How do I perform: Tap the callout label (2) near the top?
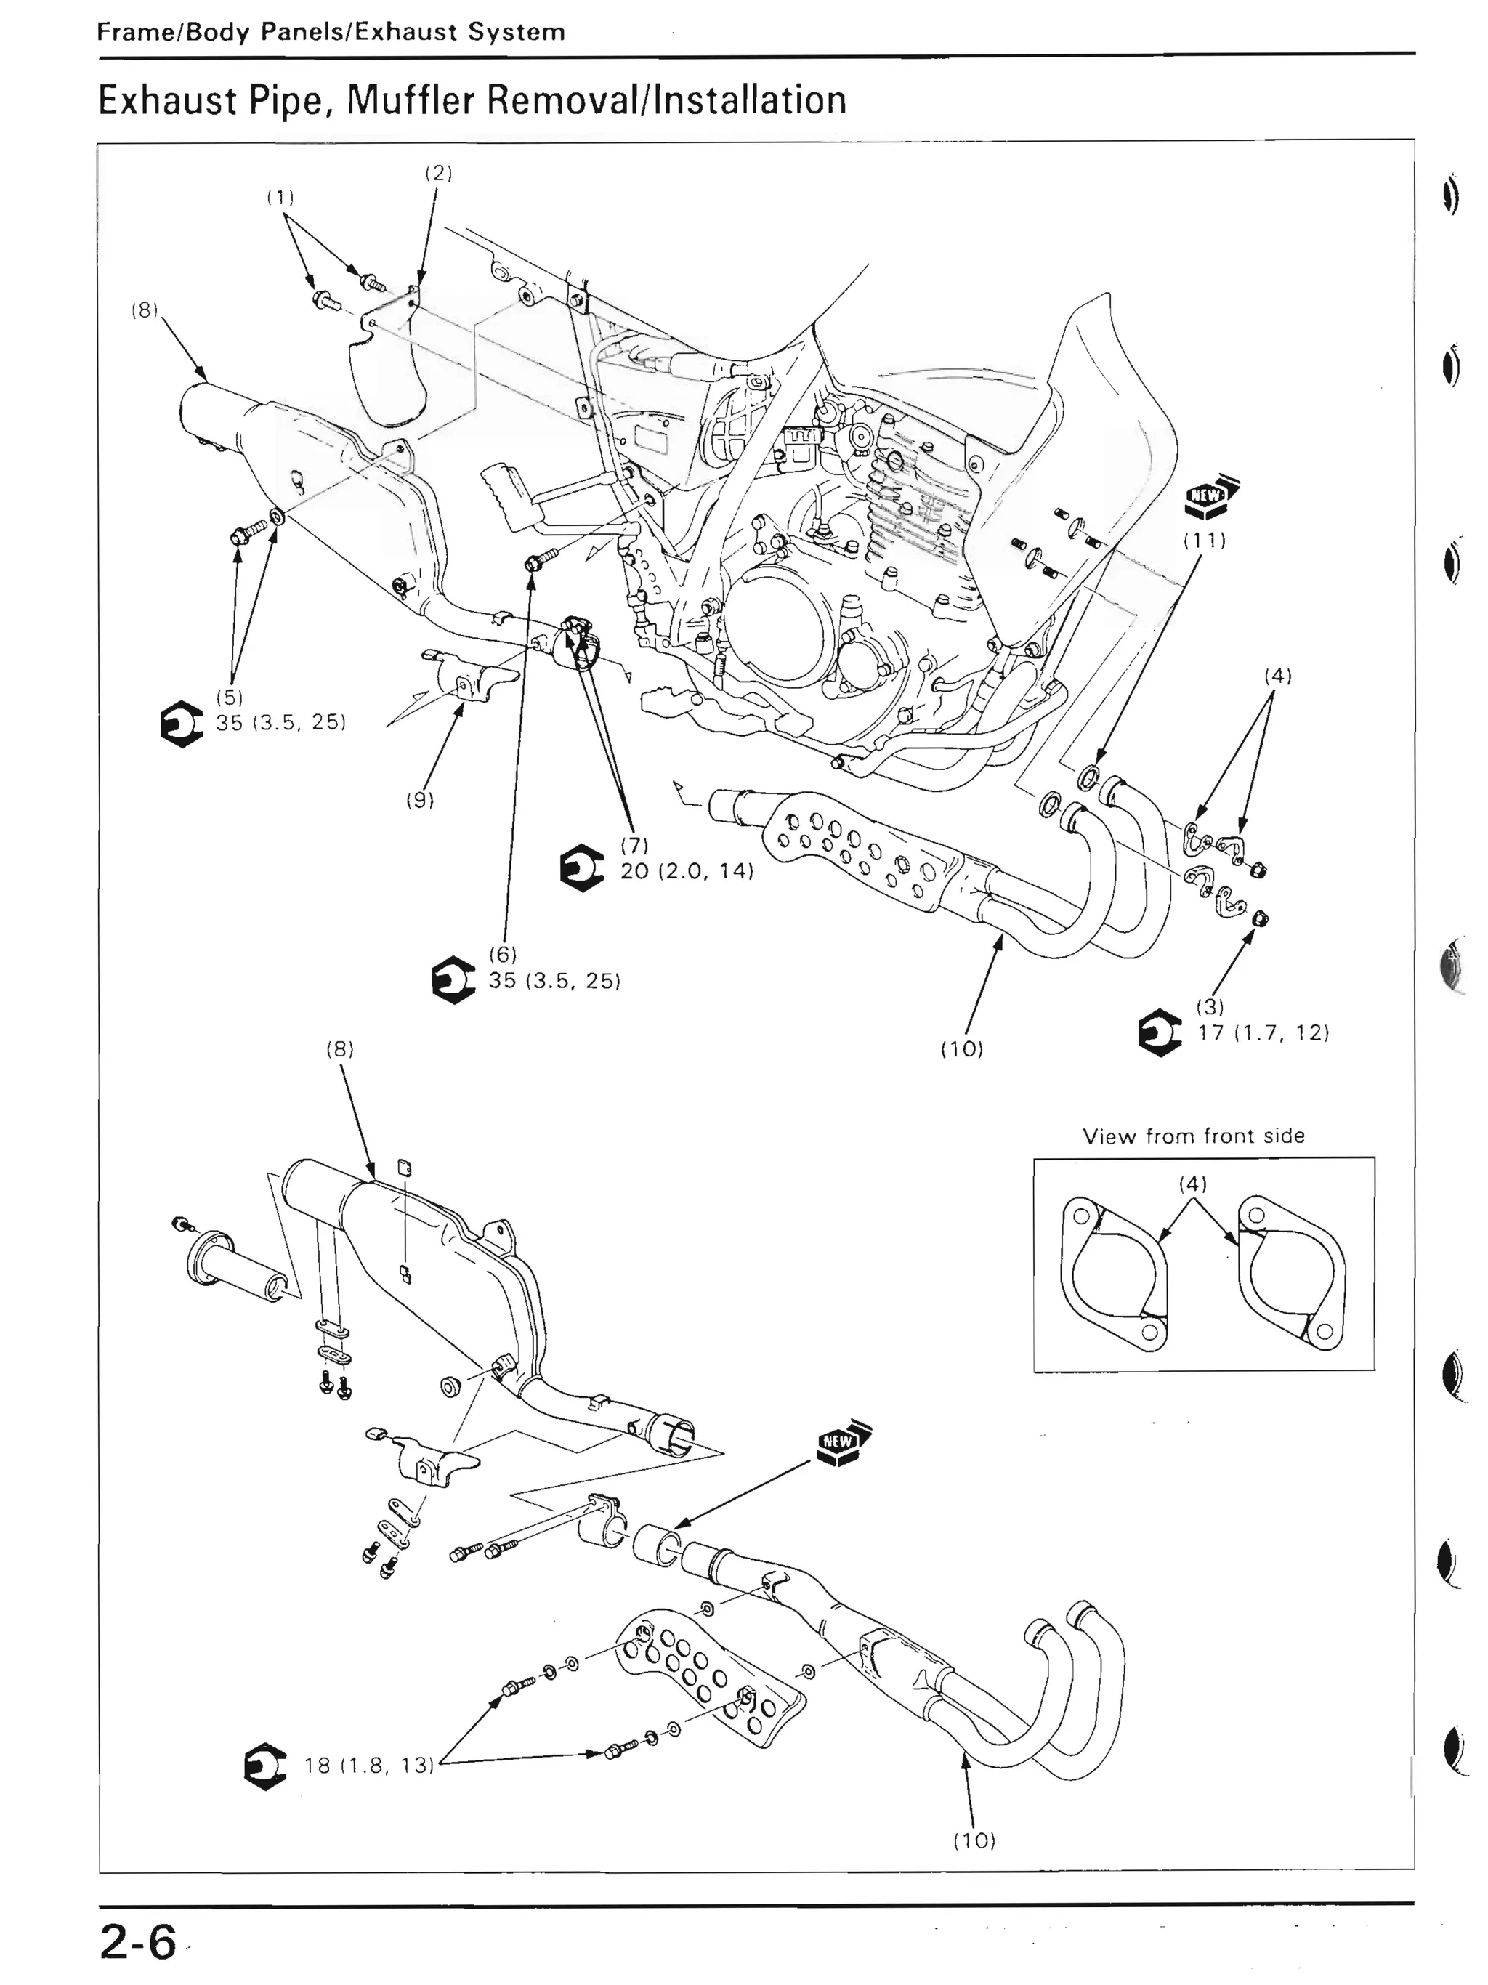point(438,173)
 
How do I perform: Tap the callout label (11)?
point(1203,541)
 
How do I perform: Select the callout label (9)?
point(420,799)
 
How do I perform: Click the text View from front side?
point(1193,1136)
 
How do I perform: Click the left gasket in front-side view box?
point(1115,1274)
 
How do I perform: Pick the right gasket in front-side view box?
point(1290,1274)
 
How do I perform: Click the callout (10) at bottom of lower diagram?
point(974,1840)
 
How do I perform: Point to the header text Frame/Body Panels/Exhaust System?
point(331,32)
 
